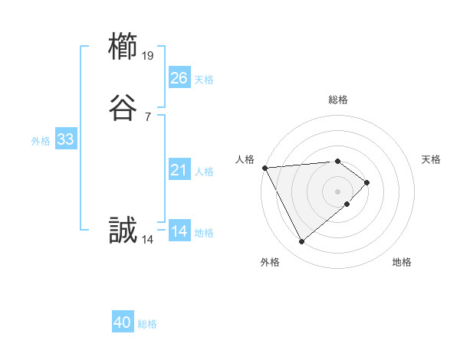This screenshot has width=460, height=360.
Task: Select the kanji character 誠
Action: tap(123, 231)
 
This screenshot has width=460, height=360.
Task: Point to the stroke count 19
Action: tap(148, 55)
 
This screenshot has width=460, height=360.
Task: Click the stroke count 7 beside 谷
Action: tap(148, 117)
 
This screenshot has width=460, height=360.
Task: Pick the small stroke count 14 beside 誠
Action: tap(148, 239)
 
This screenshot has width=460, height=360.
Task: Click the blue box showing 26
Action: tap(179, 78)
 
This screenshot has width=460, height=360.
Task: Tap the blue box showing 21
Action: tap(179, 170)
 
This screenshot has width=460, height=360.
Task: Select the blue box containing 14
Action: tap(179, 231)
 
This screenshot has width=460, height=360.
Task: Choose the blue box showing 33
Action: tap(65, 139)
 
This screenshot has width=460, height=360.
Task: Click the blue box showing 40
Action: tap(123, 322)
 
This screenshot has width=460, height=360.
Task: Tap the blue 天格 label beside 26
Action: tap(204, 80)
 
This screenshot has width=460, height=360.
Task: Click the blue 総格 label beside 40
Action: tap(147, 324)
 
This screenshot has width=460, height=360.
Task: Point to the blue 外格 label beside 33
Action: tap(41, 141)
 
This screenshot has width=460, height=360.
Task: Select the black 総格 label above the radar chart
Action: tap(338, 100)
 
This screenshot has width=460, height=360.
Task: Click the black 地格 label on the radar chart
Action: tap(402, 262)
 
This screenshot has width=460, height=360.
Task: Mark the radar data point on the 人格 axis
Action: tap(264, 167)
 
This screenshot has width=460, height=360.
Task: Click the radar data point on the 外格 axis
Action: tap(301, 242)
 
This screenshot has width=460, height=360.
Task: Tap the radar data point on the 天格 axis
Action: tap(368, 182)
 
